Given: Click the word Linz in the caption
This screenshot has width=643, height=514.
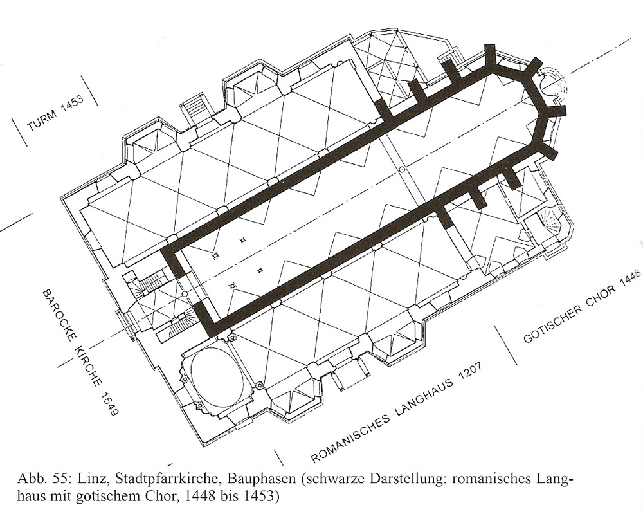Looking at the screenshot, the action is (98, 479).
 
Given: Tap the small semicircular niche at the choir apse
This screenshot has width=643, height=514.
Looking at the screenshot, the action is (551, 85).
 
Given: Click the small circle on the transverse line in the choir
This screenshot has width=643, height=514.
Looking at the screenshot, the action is (403, 169).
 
